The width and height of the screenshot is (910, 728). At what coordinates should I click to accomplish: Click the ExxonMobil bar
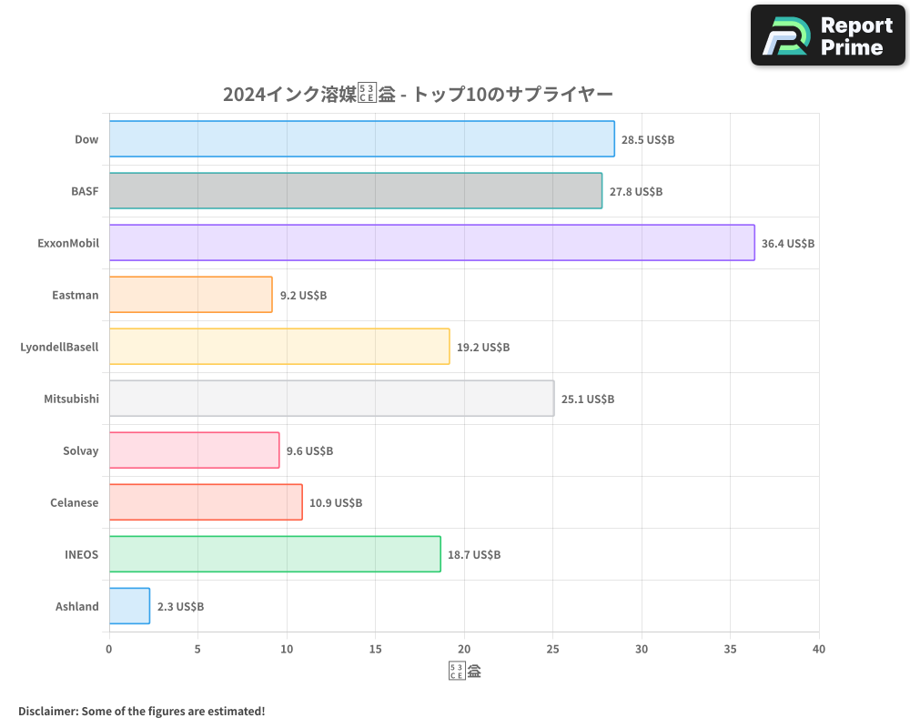point(431,243)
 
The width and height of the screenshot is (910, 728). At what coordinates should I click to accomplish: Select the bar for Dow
point(361,139)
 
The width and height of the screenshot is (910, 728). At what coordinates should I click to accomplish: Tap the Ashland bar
point(129,606)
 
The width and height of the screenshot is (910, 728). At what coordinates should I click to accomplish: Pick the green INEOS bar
point(275,554)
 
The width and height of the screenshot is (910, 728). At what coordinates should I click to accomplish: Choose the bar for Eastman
point(190,295)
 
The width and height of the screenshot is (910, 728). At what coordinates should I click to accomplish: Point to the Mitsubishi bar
point(331,399)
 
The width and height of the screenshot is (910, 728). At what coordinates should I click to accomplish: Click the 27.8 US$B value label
point(636,192)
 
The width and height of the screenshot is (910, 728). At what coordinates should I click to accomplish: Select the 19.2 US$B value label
point(483,348)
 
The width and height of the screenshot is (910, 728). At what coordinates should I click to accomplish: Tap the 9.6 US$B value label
point(309,451)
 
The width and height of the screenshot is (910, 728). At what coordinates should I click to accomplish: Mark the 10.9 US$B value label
point(336,503)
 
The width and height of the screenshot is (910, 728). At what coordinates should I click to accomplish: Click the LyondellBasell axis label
point(59,347)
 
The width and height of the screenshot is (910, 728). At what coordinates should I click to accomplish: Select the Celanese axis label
point(75,502)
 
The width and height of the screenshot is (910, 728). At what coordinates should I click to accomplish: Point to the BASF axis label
point(85,191)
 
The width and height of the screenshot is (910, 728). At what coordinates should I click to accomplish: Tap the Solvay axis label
point(81,450)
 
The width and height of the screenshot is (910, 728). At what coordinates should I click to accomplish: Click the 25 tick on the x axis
point(552,650)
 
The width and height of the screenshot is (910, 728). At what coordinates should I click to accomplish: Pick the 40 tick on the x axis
point(819,650)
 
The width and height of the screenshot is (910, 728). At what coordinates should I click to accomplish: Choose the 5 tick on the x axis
point(197,650)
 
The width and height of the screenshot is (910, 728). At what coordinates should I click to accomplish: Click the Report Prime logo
point(828,35)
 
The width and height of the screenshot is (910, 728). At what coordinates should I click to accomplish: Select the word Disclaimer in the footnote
point(46,711)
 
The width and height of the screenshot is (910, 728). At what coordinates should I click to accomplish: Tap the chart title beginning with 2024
point(419,94)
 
